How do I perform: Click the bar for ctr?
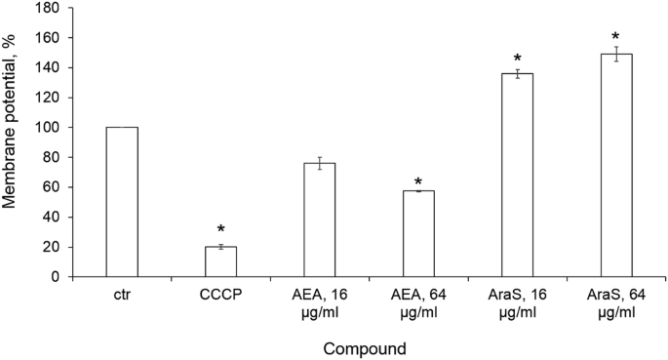tap(121, 202)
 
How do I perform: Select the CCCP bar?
tap(220, 261)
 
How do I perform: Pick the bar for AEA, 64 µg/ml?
tap(418, 233)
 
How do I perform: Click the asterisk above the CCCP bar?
tap(220, 231)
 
